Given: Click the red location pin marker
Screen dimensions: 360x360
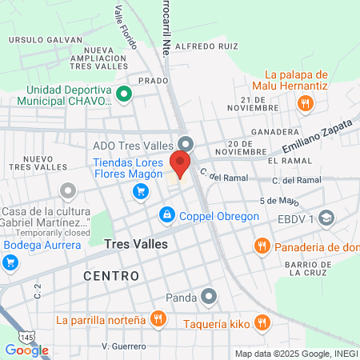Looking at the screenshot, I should tap(180, 165).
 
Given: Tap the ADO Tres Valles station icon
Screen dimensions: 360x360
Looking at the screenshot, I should tap(186, 143).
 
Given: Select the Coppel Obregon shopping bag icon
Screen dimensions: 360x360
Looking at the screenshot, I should tap(166, 214).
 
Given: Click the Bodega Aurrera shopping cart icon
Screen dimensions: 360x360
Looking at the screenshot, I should tap(10, 262).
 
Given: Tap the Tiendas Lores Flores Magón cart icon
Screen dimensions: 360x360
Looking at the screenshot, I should tap(141, 191).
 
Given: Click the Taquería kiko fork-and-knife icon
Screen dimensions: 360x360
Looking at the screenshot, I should tap(261, 322).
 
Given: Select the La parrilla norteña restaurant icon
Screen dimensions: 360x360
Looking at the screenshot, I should tap(158, 319).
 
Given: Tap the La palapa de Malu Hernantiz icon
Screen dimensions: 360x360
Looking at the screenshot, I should tap(304, 102).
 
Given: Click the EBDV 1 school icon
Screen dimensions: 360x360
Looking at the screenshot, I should tap(326, 218).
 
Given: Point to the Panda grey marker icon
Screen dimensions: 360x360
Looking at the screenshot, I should tap(209, 298).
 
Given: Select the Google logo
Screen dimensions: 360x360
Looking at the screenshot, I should tap(26, 350).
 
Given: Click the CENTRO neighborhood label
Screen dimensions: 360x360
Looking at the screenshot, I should tap(111, 275).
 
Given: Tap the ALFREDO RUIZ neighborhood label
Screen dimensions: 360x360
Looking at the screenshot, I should tap(206, 46).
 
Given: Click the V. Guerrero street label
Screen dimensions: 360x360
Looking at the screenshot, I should tap(124, 346).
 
